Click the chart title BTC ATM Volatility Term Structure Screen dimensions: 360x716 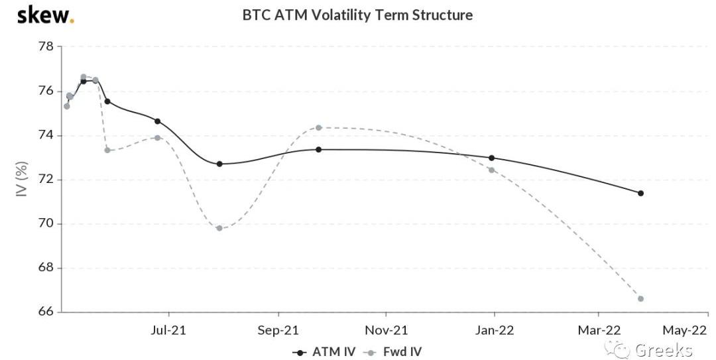[357, 15]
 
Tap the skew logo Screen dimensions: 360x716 [44, 15]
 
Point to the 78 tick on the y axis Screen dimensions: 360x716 [46, 47]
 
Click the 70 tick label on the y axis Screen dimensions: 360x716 [46, 224]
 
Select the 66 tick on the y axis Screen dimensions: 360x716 [46, 312]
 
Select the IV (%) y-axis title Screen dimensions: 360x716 [21, 180]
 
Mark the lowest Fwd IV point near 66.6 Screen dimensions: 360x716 [640, 298]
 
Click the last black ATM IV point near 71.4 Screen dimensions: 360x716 [640, 193]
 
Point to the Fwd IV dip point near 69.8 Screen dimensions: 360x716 [219, 228]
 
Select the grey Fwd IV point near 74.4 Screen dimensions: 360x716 [319, 127]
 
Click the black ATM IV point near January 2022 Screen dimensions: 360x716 [491, 158]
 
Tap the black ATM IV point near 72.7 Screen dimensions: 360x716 [219, 164]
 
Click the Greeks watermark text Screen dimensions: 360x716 [663, 350]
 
